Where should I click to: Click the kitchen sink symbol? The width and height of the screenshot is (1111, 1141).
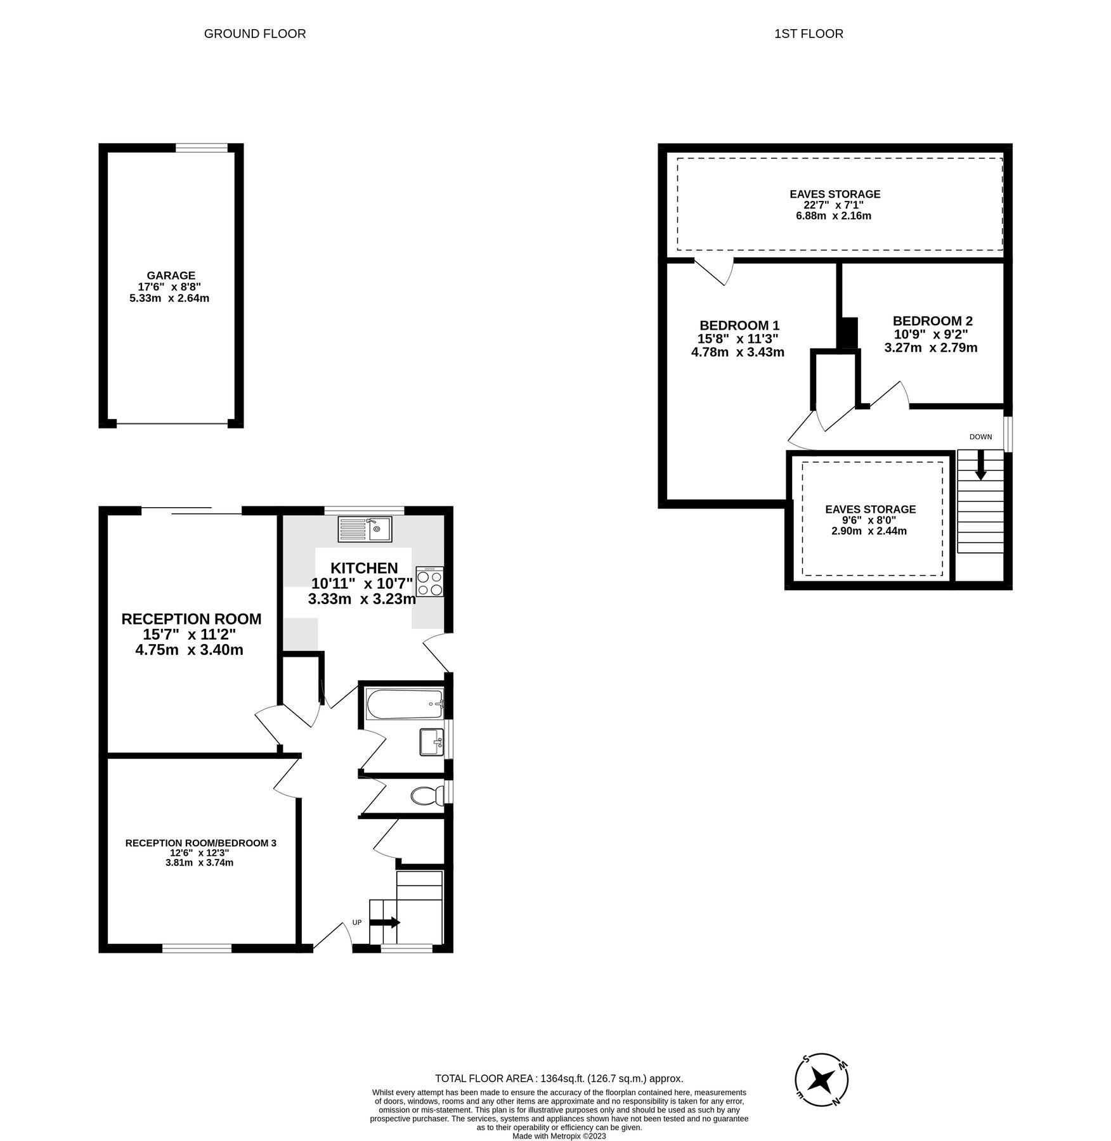click(365, 529)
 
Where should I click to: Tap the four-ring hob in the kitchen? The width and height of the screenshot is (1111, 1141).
click(429, 583)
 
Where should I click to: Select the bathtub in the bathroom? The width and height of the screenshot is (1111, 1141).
click(403, 704)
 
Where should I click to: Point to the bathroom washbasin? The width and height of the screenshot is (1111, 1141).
click(432, 742)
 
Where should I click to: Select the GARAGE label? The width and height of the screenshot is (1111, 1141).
click(171, 275)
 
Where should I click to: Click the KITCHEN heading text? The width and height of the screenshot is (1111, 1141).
click(364, 568)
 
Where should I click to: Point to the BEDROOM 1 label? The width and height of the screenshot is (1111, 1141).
click(739, 325)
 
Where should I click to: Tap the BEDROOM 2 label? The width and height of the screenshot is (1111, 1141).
click(932, 321)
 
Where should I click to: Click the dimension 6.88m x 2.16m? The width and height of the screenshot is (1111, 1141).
click(833, 216)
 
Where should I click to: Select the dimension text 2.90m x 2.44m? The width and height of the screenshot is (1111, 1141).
click(869, 531)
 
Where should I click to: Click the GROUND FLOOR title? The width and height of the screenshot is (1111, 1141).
click(255, 34)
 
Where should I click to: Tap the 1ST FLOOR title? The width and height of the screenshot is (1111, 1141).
click(809, 34)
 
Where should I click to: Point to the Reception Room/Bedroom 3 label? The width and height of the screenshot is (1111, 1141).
click(200, 843)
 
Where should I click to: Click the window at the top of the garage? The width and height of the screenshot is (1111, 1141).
click(201, 148)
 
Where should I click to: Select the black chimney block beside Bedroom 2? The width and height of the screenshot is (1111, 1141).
click(847, 333)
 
